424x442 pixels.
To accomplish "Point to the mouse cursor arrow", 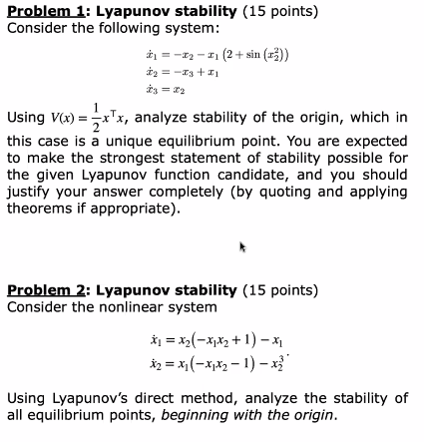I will click(x=242, y=244).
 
